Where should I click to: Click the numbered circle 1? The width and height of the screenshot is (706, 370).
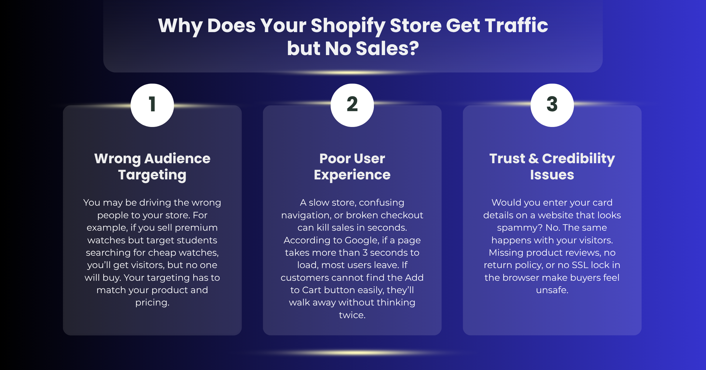[152, 105]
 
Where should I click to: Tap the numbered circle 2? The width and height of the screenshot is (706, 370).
[352, 105]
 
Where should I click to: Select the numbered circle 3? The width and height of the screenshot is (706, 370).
[552, 105]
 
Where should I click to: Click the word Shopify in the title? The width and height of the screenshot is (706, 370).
[348, 26]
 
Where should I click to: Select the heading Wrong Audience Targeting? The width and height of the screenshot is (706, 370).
[152, 167]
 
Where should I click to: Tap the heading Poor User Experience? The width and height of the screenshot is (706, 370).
[352, 167]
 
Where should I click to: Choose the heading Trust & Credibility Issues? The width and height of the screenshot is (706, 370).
[552, 166]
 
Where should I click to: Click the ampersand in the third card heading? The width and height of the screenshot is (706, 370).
[534, 158]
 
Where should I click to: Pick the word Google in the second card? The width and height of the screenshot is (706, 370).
[362, 240]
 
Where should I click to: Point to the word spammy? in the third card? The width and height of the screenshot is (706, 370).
[520, 228]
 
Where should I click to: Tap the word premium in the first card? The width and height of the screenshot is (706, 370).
[196, 228]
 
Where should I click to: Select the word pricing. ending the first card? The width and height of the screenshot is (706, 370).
[152, 303]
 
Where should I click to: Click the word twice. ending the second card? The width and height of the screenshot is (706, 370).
[352, 315]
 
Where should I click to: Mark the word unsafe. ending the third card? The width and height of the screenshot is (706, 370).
[552, 290]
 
